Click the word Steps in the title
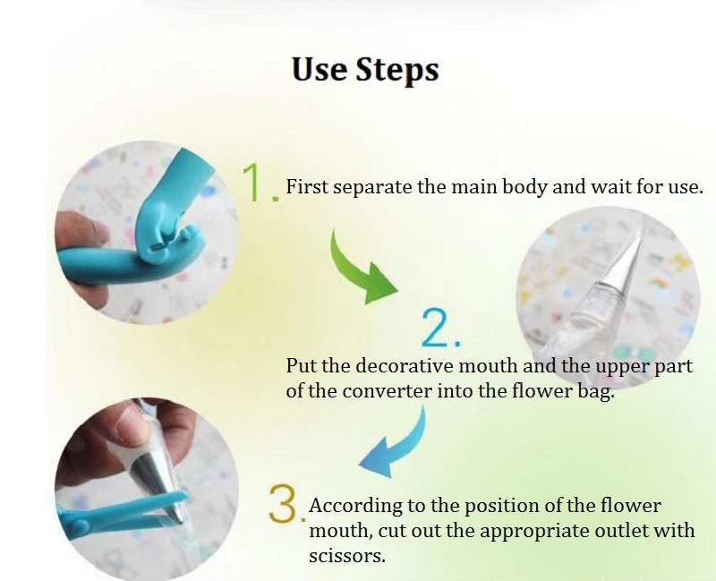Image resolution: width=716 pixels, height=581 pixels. coord(396,70)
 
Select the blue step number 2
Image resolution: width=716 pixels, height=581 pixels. coord(440,328)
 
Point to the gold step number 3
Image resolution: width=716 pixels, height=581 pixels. coord(287,504)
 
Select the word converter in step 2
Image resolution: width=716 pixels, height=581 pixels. coord(387,391)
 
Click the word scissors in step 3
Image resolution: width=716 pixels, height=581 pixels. coord(347,556)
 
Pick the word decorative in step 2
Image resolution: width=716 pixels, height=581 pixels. coord(405,366)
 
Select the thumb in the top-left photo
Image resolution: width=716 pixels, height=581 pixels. coord(79,232)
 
